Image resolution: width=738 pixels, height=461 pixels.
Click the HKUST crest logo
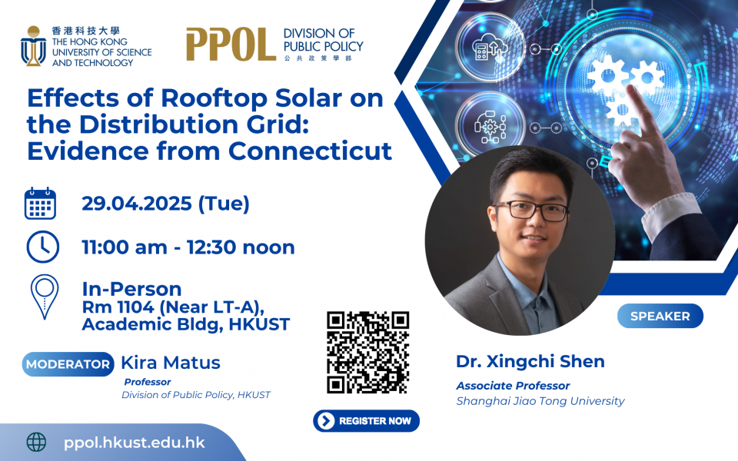pyautogui.click(x=33, y=45)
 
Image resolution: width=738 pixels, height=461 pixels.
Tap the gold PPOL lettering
pyautogui.click(x=231, y=45)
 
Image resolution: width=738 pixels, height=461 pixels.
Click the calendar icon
pyautogui.click(x=40, y=203)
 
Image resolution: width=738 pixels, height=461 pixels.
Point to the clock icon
pyautogui.click(x=43, y=247)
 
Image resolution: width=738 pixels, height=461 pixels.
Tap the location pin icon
pyautogui.click(x=45, y=297)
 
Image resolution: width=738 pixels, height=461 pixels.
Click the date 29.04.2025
pyautogui.click(x=137, y=204)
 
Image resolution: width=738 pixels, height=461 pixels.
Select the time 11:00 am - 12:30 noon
pyautogui.click(x=188, y=247)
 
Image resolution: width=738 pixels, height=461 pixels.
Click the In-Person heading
pyautogui.click(x=131, y=288)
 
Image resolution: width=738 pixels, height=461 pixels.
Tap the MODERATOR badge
pyautogui.click(x=68, y=364)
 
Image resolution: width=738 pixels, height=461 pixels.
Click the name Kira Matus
pyautogui.click(x=171, y=363)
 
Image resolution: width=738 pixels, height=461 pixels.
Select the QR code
pyautogui.click(x=368, y=353)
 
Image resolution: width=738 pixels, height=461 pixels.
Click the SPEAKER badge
pyautogui.click(x=660, y=316)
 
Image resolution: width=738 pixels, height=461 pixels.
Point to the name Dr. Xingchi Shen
pyautogui.click(x=530, y=361)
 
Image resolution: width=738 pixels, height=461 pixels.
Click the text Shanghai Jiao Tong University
pyautogui.click(x=540, y=401)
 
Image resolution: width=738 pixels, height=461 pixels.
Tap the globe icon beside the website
pyautogui.click(x=36, y=443)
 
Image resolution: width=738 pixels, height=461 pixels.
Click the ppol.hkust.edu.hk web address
pyautogui.click(x=134, y=443)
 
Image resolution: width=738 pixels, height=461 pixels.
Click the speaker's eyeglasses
pyautogui.click(x=530, y=211)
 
